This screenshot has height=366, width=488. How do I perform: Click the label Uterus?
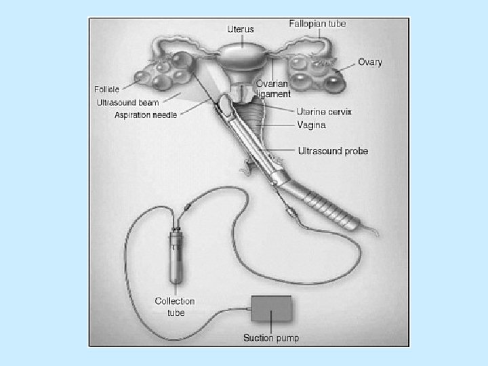(240, 29)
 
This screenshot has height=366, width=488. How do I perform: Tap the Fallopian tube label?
(317, 24)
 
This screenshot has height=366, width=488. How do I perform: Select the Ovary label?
(370, 62)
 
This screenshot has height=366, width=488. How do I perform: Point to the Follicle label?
(107, 89)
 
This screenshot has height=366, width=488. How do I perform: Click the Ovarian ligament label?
(273, 89)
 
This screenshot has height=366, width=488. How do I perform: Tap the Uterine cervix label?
(324, 111)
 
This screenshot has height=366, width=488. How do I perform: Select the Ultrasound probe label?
(333, 150)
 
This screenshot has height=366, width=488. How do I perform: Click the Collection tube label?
(175, 306)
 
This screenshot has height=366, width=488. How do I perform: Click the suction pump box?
(271, 310)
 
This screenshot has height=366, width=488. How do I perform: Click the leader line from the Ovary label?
(346, 66)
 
